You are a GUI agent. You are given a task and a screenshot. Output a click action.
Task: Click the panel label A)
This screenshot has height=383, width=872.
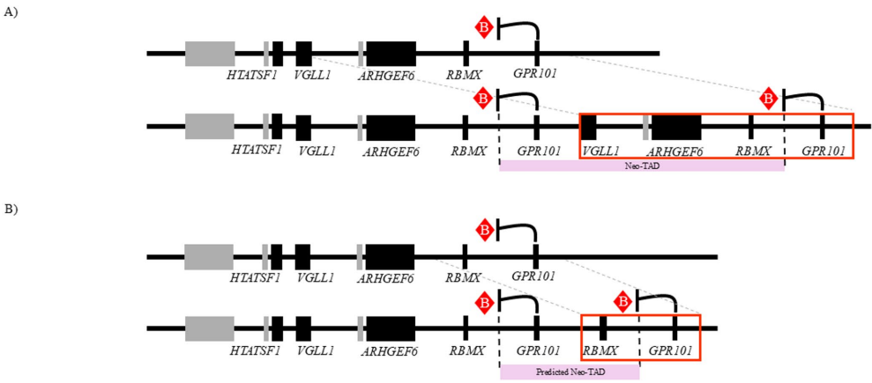[x=11, y=12]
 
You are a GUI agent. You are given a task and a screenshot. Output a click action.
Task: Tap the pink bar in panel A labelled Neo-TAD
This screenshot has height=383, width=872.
[x=641, y=166]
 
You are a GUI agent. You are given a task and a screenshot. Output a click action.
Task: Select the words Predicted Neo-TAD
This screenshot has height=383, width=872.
[x=569, y=372]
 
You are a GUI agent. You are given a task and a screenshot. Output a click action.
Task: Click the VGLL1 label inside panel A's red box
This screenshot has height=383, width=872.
[x=600, y=151]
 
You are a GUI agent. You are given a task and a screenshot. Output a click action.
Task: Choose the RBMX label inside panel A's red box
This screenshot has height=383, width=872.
[x=753, y=151]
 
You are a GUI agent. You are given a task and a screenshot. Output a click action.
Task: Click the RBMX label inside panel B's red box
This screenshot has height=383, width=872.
[x=600, y=350]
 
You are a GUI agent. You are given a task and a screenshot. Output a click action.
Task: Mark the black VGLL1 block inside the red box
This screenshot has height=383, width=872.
[x=589, y=127]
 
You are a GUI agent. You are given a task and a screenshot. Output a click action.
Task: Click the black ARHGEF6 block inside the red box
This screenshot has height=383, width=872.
[x=676, y=127]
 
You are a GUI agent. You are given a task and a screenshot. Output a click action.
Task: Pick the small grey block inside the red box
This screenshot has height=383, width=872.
[x=646, y=127]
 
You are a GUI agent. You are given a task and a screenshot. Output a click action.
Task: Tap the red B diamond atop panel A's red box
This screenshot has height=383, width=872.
[x=770, y=98]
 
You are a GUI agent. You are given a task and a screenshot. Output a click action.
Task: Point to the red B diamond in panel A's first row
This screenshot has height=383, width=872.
[x=483, y=27]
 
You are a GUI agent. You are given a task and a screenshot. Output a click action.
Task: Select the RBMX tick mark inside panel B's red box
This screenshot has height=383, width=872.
[x=603, y=328]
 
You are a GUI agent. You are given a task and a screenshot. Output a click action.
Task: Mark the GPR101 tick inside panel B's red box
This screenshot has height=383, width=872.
[x=674, y=328]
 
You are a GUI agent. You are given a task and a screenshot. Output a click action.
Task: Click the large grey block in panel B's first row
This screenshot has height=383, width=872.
[x=209, y=257]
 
